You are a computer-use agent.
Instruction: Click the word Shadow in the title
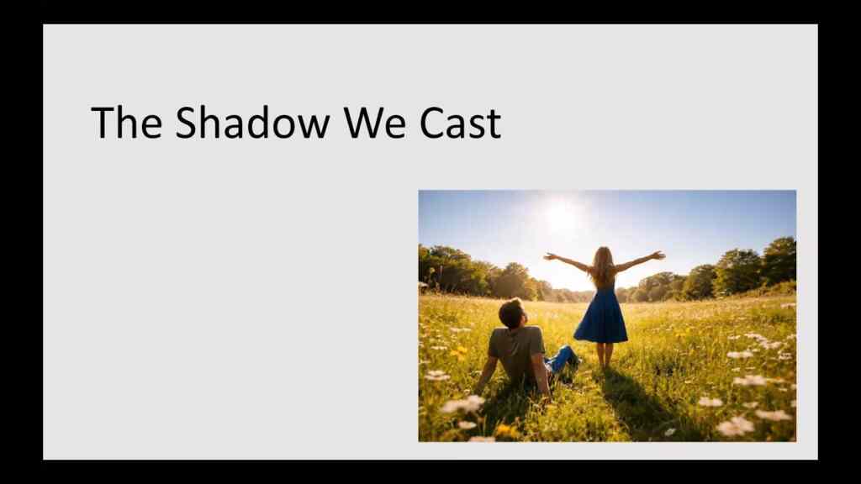pyautogui.click(x=252, y=123)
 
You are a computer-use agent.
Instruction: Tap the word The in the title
pyautogui.click(x=126, y=123)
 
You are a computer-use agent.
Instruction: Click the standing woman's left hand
pyautogui.click(x=548, y=255)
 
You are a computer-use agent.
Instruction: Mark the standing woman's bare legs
pyautogui.click(x=604, y=355)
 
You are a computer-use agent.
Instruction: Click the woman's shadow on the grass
pyautogui.click(x=639, y=403)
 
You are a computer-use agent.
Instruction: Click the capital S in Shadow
pyautogui.click(x=186, y=123)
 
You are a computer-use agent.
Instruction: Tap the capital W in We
pyautogui.click(x=360, y=123)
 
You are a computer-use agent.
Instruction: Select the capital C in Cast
pyautogui.click(x=433, y=123)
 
